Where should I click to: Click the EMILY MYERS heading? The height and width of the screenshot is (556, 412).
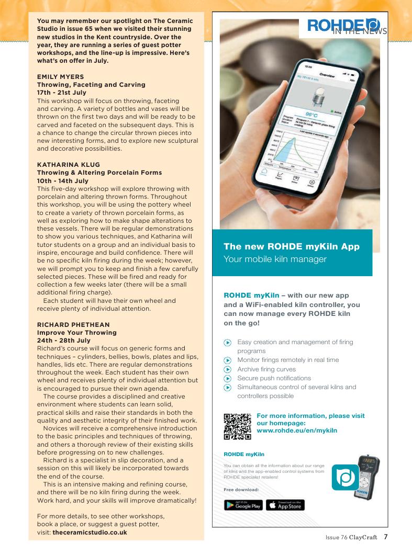[58, 76]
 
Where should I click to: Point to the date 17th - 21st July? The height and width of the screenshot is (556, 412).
[61, 93]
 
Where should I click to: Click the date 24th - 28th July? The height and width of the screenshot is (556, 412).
[63, 341]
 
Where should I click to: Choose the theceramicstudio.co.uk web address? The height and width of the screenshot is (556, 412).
[90, 532]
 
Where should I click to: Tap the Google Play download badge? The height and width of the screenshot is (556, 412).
[243, 505]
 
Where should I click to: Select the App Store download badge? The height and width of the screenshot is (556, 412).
[285, 505]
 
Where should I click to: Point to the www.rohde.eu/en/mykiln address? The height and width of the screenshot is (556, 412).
[297, 430]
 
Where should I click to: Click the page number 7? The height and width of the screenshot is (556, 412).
[385, 536]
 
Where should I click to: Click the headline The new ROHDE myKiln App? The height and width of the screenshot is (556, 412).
[292, 246]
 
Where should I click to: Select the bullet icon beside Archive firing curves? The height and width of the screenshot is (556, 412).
[227, 369]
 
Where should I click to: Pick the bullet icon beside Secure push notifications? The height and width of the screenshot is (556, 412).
[227, 378]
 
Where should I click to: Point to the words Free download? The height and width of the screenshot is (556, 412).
[238, 490]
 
